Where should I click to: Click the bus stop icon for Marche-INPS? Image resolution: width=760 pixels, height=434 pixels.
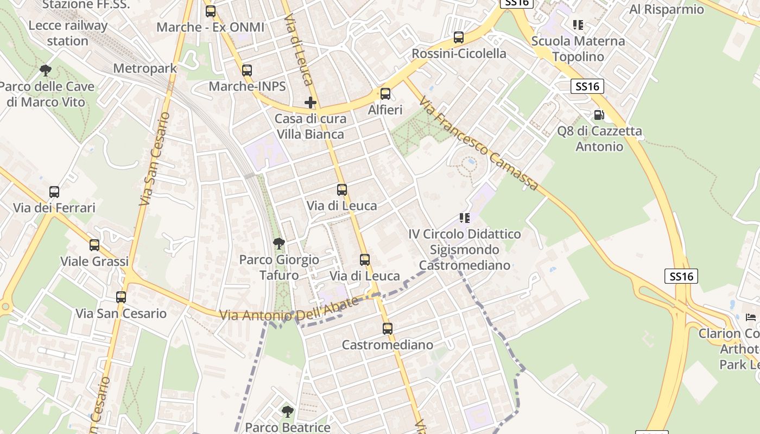[247, 70]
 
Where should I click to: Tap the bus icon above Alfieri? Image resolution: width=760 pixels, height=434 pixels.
[385, 94]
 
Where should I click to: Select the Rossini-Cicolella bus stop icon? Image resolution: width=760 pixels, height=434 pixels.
[459, 37]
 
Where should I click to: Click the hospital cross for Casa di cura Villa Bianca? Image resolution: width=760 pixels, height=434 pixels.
[310, 103]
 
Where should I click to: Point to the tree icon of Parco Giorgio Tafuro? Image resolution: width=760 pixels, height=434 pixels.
[279, 244]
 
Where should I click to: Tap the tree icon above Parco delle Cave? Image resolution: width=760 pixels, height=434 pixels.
[46, 70]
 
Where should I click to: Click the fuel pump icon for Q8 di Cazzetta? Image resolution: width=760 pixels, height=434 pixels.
[599, 115]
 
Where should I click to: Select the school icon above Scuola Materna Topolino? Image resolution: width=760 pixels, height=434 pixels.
[578, 25]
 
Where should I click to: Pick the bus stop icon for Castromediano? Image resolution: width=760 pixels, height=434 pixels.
[387, 329]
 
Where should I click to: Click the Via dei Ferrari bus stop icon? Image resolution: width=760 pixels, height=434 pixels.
[54, 192]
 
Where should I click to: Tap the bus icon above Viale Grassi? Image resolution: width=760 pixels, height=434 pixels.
[94, 245]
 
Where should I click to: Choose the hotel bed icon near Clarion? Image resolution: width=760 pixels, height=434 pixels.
[751, 317]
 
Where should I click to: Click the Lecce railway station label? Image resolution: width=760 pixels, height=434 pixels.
[68, 33]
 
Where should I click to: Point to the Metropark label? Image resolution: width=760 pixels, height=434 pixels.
[145, 68]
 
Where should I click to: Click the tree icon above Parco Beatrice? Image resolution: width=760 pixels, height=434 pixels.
[287, 412]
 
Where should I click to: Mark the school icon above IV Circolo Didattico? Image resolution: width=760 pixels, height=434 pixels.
[464, 218]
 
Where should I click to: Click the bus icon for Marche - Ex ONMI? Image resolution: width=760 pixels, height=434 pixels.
[211, 11]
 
